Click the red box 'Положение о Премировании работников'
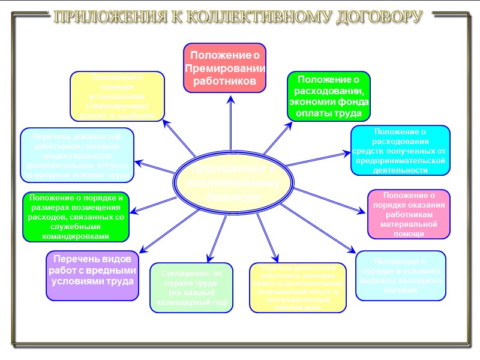tap(224, 68)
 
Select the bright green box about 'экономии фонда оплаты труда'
tap(328, 96)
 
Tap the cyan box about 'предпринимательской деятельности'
tap(400, 150)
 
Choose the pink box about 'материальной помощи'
tap(408, 214)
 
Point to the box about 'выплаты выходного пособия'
tap(400, 275)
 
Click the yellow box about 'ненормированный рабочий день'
tap(298, 287)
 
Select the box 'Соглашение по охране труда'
tap(191, 288)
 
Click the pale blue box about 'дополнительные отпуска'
tap(77, 155)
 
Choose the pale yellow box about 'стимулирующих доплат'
tap(118, 95)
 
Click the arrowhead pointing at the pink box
tap(362, 210)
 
